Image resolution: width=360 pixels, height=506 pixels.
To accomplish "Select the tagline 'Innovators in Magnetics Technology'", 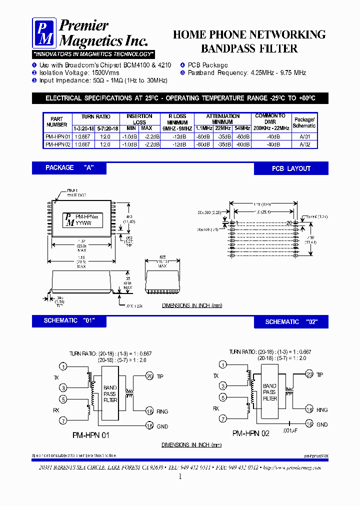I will coord(93,54).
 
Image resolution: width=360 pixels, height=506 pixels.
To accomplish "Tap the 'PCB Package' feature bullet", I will coord(207,65).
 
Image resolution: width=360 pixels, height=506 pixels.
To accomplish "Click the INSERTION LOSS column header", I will coord(139,119).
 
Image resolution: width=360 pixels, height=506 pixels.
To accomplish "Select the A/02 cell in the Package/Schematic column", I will coord(304,144).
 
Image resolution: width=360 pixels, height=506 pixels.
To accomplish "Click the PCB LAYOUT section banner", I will coord(291,168).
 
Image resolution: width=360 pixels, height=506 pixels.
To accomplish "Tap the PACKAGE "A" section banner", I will coord(69,168).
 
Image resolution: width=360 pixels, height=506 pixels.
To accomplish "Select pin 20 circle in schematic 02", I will coord(309,374).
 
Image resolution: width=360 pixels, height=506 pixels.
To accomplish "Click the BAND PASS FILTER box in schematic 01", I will coord(109,393).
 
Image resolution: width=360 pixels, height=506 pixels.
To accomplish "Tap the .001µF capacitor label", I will coord(290,430).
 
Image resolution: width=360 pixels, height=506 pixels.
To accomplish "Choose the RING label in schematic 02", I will coord(322,410).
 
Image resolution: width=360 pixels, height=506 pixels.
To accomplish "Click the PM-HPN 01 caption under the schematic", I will coord(90,435).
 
